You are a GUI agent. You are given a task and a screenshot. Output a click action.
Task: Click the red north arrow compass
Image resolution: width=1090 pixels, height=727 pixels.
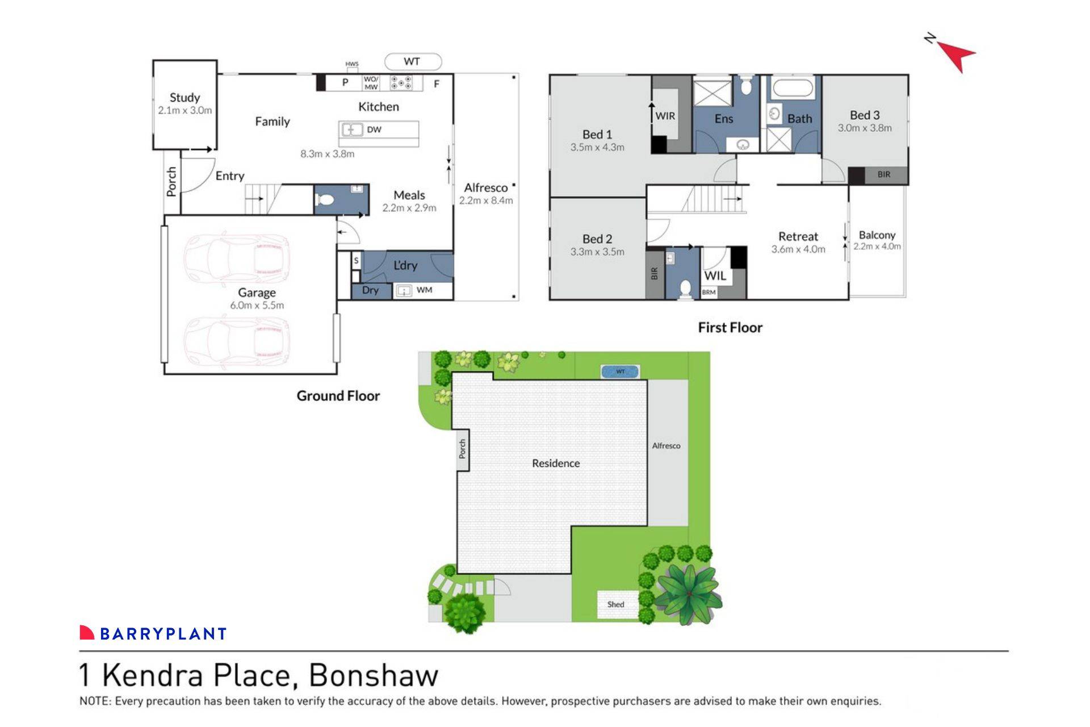(x=957, y=55)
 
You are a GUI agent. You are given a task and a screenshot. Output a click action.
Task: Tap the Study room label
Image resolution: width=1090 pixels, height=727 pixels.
(x=185, y=98)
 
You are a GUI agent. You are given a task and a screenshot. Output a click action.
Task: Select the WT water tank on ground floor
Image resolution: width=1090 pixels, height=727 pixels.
(x=413, y=61)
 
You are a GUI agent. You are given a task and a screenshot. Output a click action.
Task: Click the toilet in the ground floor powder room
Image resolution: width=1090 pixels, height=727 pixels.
(x=326, y=200)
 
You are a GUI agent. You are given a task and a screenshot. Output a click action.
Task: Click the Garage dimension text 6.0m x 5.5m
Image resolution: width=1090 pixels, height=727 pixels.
(x=257, y=306)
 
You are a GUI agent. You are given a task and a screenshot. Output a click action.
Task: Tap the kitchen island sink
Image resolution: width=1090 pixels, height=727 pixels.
(x=351, y=130)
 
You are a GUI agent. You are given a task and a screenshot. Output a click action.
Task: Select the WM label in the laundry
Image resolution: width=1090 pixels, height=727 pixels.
(x=424, y=290)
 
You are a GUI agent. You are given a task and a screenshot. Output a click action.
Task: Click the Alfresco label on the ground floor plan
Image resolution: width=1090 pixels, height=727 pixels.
(x=485, y=188)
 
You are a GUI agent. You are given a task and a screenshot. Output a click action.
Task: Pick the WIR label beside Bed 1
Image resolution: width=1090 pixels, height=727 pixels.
(x=665, y=116)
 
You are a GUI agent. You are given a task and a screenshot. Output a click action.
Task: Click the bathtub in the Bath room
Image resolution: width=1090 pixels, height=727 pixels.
(x=793, y=89)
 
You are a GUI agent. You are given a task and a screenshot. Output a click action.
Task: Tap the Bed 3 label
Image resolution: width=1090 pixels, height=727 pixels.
(x=864, y=115)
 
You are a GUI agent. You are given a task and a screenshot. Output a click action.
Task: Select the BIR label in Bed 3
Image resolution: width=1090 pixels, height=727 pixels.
(x=883, y=175)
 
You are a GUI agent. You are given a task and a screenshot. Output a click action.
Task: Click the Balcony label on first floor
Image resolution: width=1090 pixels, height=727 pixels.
(x=877, y=235)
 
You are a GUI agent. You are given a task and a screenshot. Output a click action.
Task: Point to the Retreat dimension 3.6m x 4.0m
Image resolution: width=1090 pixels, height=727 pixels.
(x=798, y=249)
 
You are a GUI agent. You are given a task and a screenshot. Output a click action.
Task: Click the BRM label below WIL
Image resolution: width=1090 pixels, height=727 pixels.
(x=708, y=293)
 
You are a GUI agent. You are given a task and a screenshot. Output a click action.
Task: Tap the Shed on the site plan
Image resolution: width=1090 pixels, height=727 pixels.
(x=616, y=605)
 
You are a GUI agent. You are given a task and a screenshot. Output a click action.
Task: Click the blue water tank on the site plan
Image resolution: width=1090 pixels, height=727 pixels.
(x=620, y=372)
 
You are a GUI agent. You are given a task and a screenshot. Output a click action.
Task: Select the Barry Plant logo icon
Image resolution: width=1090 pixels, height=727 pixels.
(x=87, y=632)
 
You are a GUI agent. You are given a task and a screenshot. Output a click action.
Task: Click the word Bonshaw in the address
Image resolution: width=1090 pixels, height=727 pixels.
(x=373, y=675)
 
